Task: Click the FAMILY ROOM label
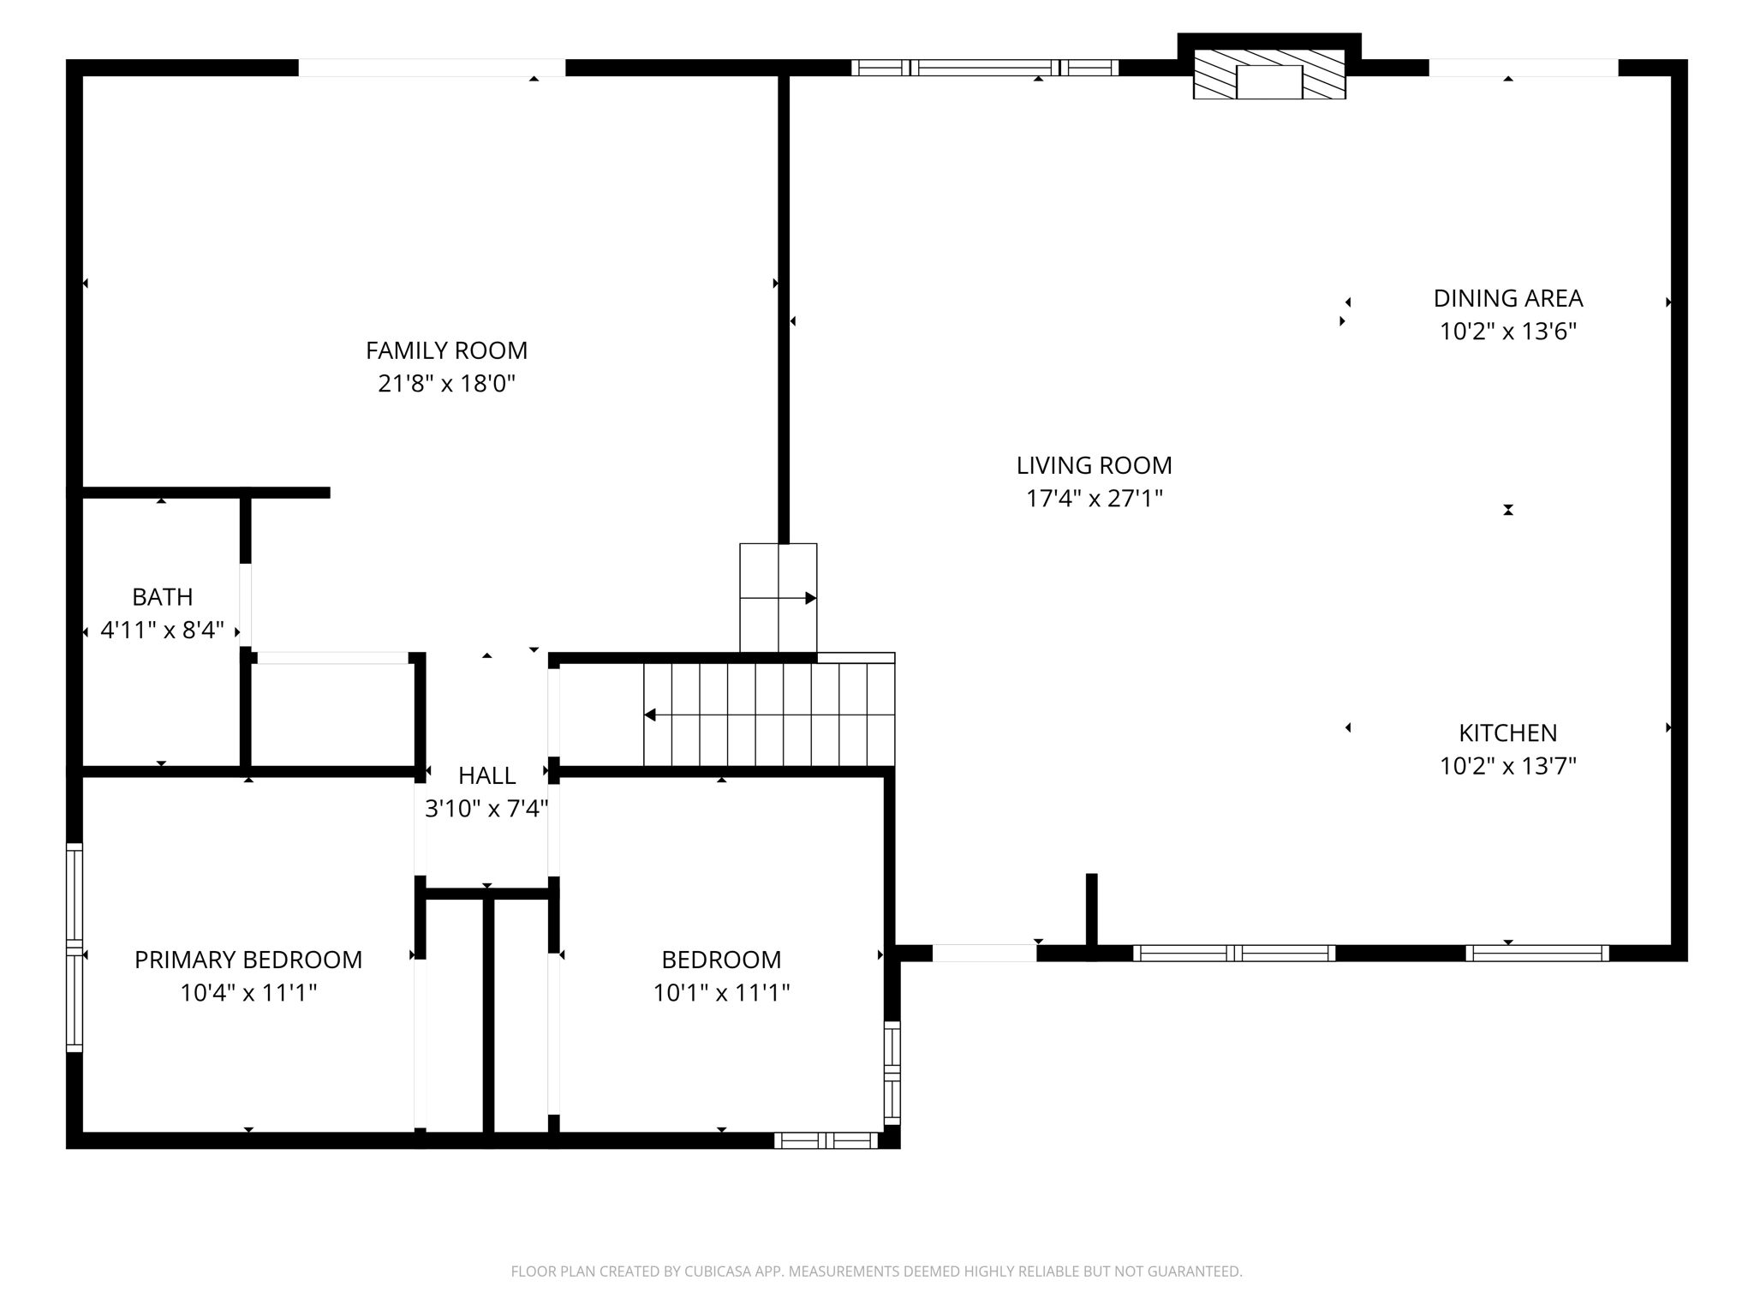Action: pos(446,350)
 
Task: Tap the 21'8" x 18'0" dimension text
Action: pos(446,383)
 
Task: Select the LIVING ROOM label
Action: pos(1094,465)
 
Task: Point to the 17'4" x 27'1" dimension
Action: pos(1094,498)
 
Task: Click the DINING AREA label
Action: pos(1507,298)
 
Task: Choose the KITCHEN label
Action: pos(1507,733)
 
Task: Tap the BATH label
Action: pos(162,596)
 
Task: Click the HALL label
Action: pos(486,775)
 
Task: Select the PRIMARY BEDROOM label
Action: pos(248,960)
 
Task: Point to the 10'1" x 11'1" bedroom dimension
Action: pos(721,992)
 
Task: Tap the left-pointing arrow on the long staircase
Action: pos(651,715)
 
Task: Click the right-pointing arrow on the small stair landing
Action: pos(810,598)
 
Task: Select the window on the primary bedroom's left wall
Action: pos(75,948)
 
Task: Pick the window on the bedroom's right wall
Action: pos(892,1073)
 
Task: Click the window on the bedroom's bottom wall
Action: pos(826,1140)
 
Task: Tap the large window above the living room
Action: pos(985,68)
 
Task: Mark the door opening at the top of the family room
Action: pos(432,68)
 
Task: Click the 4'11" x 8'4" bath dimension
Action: pos(162,631)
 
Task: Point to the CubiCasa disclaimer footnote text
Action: pos(876,1271)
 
